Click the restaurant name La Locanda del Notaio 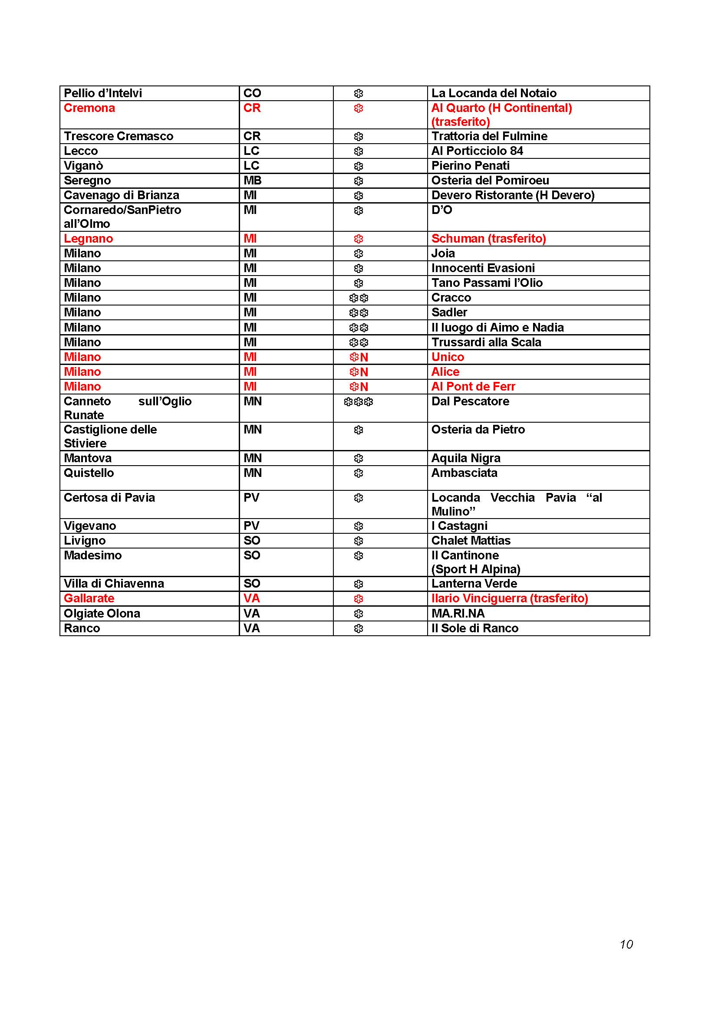[494, 93]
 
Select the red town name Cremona [89, 108]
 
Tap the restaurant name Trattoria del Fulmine [489, 136]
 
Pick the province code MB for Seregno [253, 181]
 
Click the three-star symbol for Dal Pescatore [358, 402]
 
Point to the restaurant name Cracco [451, 298]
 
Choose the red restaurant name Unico [448, 357]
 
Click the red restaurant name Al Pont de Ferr [473, 387]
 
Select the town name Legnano [89, 239]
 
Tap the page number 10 [626, 944]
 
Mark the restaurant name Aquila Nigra [465, 458]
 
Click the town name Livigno [85, 541]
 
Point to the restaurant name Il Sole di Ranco [474, 628]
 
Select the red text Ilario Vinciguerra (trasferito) [509, 598]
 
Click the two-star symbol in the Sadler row [358, 313]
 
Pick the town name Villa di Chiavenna [114, 584]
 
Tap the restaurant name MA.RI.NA [458, 614]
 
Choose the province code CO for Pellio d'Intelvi [252, 93]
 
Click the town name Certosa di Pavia [109, 498]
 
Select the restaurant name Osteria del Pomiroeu [490, 181]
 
